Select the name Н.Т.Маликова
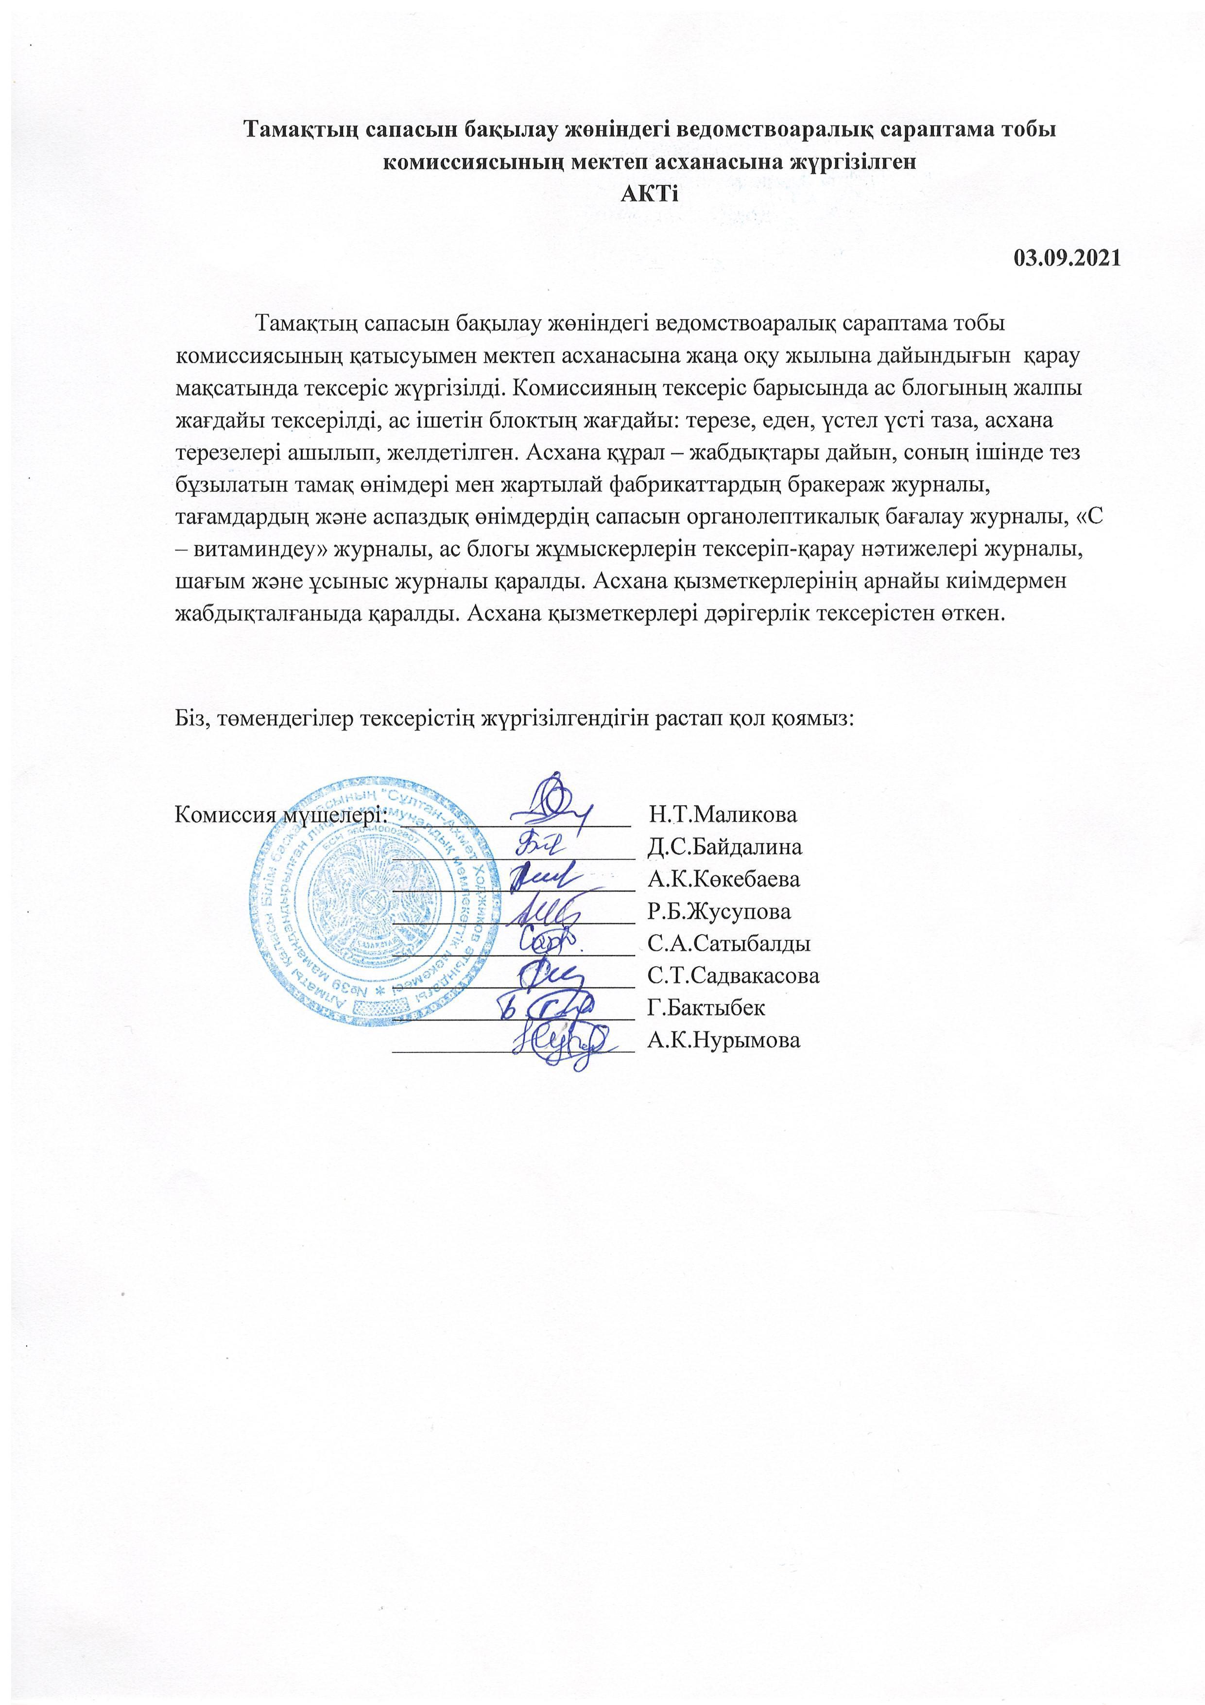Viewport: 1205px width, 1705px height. coord(723,814)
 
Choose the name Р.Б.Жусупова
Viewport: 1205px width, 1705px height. coord(719,911)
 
